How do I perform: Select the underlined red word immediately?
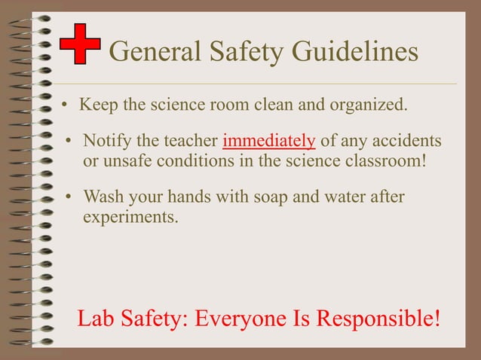[x=269, y=141]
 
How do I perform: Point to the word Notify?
[x=106, y=141]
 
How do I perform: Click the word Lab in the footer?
[x=94, y=318]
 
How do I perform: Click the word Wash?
[x=102, y=197]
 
